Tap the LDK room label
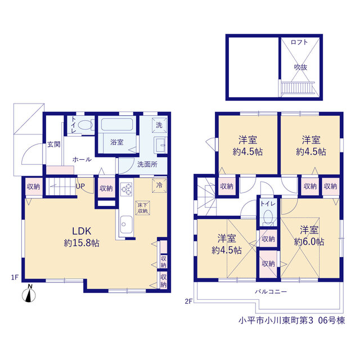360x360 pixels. point(82,231)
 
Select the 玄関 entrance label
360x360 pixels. point(54,144)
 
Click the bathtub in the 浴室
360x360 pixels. point(117,124)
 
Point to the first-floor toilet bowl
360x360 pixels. point(85,125)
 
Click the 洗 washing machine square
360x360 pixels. point(159,125)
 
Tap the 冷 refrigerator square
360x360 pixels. point(159,185)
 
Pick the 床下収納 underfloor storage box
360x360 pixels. point(142,208)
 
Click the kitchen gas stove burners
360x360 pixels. point(127,189)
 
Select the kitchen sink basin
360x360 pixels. point(126,224)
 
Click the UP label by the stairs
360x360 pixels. point(80,186)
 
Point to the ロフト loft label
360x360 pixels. point(299,42)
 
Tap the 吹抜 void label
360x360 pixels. point(300,67)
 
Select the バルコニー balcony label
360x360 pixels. point(271,292)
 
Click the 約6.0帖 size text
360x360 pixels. point(309,241)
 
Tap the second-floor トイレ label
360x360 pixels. point(268,204)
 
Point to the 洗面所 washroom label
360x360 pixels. point(147,164)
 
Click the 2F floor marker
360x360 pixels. point(188,301)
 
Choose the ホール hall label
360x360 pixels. point(82,159)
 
